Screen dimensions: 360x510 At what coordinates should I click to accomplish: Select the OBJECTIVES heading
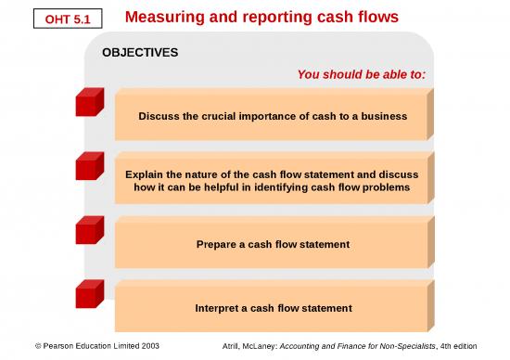coord(139,53)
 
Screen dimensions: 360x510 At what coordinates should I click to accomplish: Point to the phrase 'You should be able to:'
coord(361,74)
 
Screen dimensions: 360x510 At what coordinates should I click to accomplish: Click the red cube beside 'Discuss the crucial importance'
coord(90,102)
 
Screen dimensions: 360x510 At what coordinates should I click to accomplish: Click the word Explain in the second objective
coord(146,174)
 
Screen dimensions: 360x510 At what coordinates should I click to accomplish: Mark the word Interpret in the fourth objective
coord(220,307)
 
